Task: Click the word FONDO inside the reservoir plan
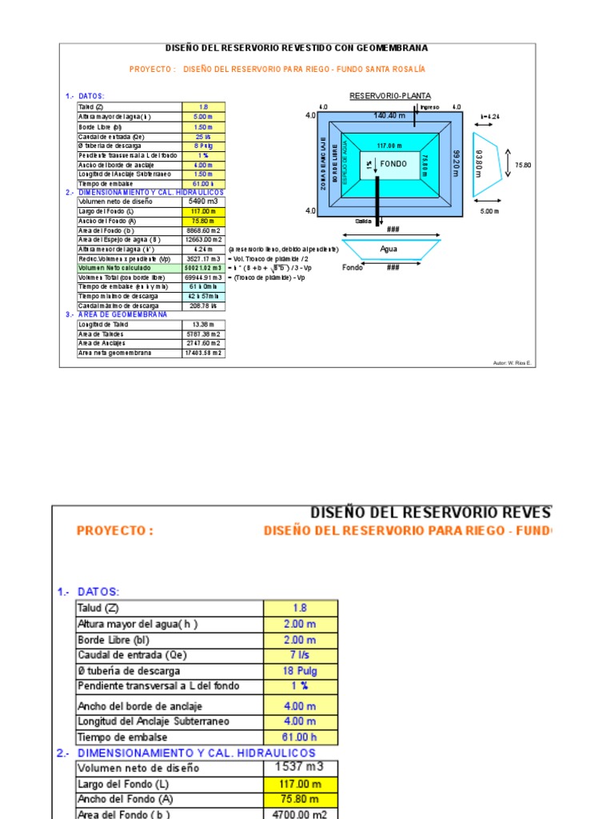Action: pos(393,164)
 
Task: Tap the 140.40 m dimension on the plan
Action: pos(389,115)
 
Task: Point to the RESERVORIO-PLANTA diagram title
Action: pos(389,96)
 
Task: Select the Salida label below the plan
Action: pos(365,222)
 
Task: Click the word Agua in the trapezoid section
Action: pos(389,249)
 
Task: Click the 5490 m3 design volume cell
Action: pos(203,202)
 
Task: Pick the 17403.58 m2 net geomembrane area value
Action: pos(203,353)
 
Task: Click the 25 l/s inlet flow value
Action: pos(203,135)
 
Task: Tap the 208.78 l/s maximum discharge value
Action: pos(203,306)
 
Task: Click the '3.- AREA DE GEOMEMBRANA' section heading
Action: pos(117,314)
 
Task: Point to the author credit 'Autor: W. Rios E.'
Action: pos(512,363)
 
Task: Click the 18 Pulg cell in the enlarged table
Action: pos(300,671)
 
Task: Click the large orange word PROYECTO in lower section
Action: pos(114,530)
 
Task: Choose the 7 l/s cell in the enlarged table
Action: pos(300,655)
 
